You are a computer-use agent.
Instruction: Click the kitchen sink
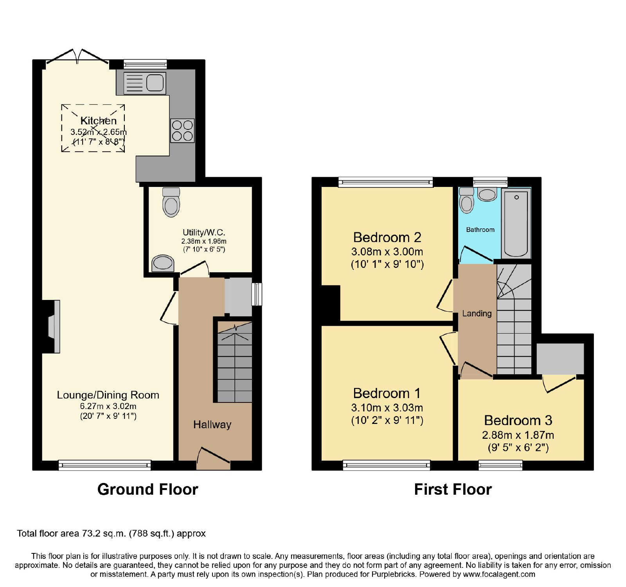click(145, 83)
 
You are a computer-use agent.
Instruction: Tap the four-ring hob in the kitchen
click(182, 131)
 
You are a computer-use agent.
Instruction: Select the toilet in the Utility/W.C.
click(171, 202)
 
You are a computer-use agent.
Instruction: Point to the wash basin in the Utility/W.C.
click(162, 263)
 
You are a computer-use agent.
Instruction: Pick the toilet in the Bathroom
click(467, 200)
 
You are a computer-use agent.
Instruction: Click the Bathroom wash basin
click(487, 194)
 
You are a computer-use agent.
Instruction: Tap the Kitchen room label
click(99, 121)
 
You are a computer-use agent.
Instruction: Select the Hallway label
click(212, 425)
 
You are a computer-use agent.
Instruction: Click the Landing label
click(477, 313)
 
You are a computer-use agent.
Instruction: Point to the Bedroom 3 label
click(518, 420)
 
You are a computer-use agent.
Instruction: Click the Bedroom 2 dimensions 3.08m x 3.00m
click(387, 251)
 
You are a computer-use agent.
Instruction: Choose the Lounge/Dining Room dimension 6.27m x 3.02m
click(108, 406)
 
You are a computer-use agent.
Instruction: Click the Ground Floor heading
click(148, 490)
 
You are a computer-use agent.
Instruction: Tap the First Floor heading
click(453, 490)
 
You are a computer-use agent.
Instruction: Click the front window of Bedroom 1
click(387, 465)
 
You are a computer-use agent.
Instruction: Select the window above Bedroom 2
click(386, 182)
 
